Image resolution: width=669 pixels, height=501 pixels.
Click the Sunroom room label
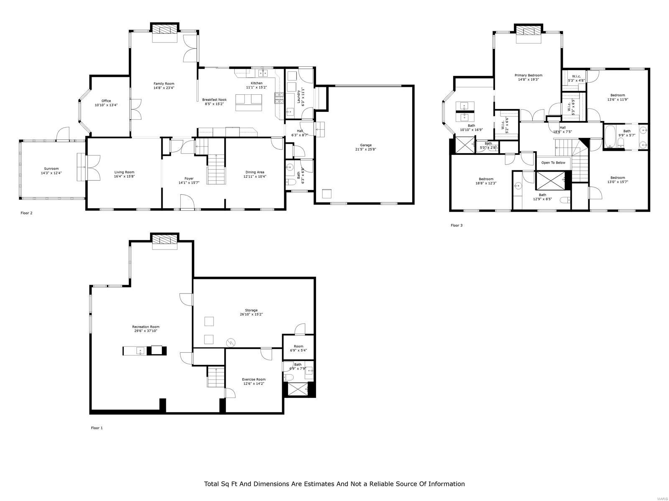point(51,169)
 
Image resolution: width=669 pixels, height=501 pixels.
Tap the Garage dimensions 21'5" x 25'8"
point(365,149)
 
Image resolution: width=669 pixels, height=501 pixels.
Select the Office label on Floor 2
point(106,101)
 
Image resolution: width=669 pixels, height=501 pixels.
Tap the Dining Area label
point(255,172)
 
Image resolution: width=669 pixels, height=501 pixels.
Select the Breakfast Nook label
point(214,100)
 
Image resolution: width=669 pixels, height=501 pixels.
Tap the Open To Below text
point(553,162)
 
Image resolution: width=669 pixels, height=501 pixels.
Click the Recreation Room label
point(146,327)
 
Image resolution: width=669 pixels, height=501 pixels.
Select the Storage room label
point(251,310)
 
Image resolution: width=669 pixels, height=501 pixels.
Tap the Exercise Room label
point(254,380)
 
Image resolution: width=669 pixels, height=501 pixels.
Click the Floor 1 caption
point(97,428)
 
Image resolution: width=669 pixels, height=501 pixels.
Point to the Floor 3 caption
point(456,225)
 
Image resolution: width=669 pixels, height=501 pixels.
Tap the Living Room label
point(124,172)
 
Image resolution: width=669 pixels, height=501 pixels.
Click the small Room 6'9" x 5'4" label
point(298,346)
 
